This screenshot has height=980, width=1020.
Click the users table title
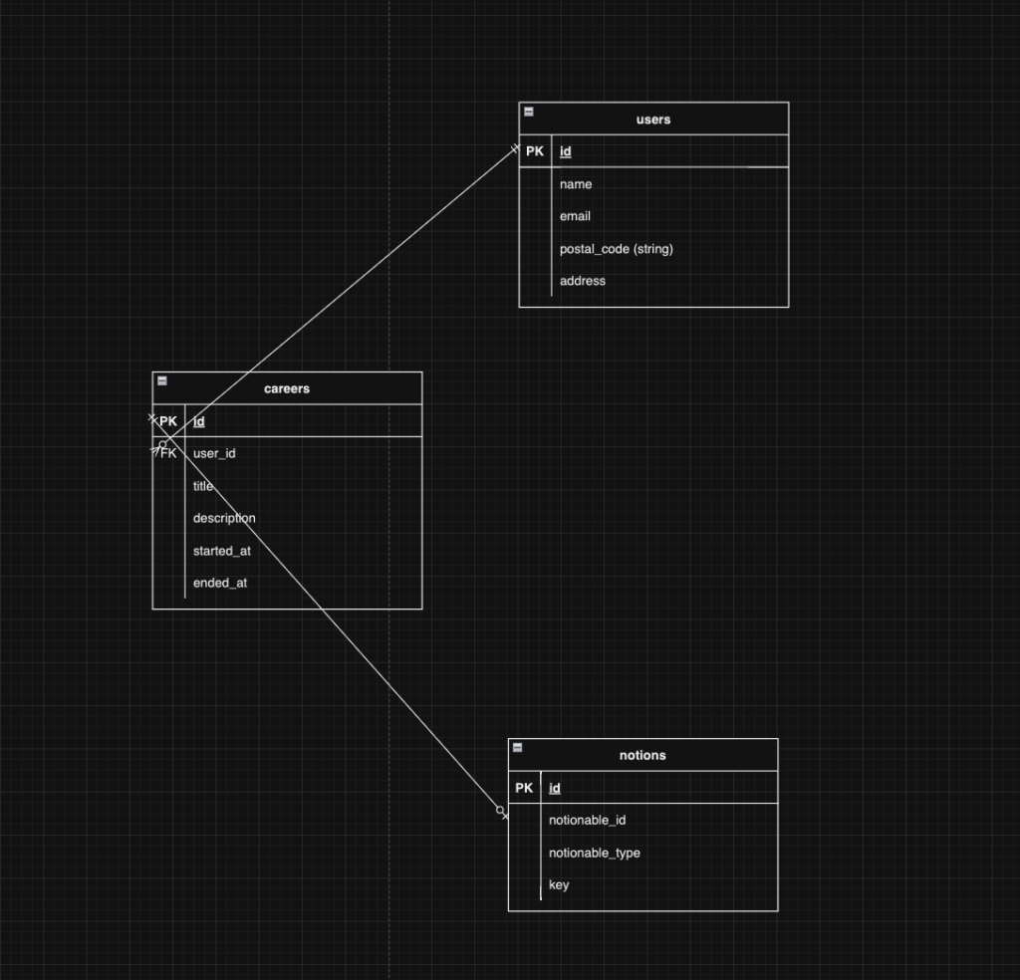pos(653,120)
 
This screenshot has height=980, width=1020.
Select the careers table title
pos(287,388)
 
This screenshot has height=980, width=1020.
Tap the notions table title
pos(642,756)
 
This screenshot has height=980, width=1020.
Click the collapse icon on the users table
pos(529,112)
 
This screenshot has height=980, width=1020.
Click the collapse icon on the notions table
pos(518,747)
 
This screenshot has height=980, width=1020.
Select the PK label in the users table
pos(535,151)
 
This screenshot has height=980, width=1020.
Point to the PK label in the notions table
pos(524,788)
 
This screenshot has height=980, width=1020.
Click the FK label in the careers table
pos(168,453)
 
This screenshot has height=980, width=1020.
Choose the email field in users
pos(575,216)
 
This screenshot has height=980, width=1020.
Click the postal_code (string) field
pos(616,249)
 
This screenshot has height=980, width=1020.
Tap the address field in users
pos(582,281)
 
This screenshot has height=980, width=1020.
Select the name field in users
pos(576,184)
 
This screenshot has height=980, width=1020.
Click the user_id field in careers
pos(214,454)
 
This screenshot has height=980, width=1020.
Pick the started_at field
pos(222,552)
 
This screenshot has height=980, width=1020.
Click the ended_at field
pos(220,584)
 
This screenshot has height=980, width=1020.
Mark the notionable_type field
pos(595,854)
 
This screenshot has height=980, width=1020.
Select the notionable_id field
pos(588,821)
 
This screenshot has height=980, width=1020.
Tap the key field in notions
pos(559,885)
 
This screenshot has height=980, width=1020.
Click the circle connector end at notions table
pos(500,811)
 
